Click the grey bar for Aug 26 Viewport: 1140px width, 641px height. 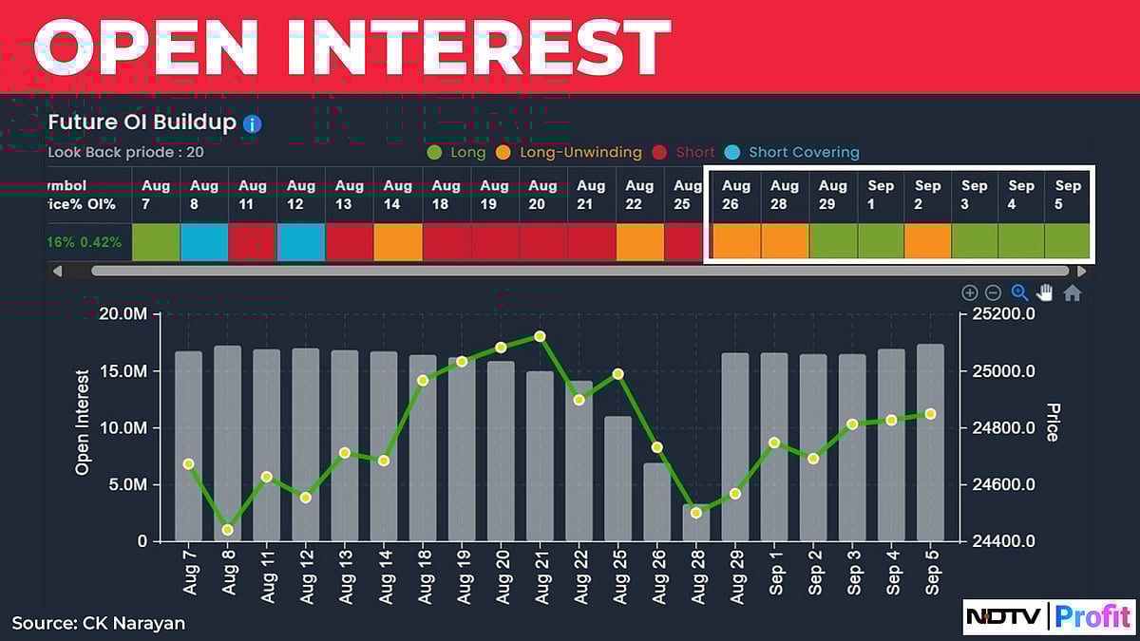pos(657,502)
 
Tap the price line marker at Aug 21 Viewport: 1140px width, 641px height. pos(540,336)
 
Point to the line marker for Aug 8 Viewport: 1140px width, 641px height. pos(228,530)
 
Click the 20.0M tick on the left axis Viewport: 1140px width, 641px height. pos(123,314)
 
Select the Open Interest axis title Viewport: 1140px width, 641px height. pos(83,423)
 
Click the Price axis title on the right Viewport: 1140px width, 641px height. pos(1053,423)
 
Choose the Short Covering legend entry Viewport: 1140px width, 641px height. pos(803,152)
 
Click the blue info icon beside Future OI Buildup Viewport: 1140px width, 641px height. pos(252,123)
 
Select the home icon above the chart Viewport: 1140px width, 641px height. pos(1073,293)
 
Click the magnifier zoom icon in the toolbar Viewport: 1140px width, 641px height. pos(1019,293)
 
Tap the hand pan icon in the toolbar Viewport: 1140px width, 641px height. pos(1045,293)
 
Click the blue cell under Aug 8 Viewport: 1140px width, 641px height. pos(204,242)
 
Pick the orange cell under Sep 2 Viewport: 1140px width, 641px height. pos(928,242)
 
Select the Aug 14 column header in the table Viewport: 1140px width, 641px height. pos(398,195)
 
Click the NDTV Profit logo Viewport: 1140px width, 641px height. pos(1048,616)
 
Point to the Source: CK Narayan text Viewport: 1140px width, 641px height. pos(99,623)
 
